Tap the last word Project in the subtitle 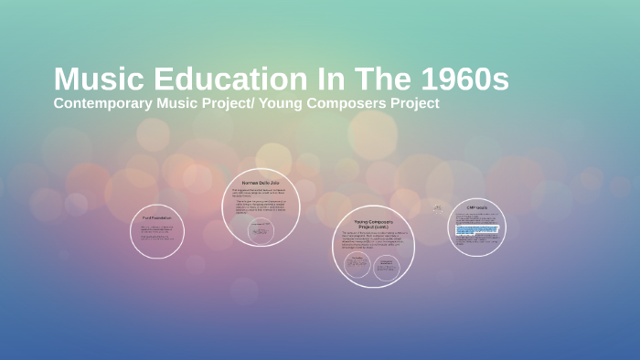(x=415, y=103)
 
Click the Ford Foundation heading (x=156, y=217)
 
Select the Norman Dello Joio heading (x=261, y=184)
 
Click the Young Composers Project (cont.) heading (x=372, y=224)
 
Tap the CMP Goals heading (x=476, y=207)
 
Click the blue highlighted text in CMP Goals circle (x=476, y=229)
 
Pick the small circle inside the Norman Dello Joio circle (x=261, y=230)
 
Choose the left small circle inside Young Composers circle (x=357, y=265)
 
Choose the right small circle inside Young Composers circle (x=387, y=265)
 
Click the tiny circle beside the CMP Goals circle (x=438, y=208)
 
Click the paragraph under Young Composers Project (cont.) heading (x=372, y=241)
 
